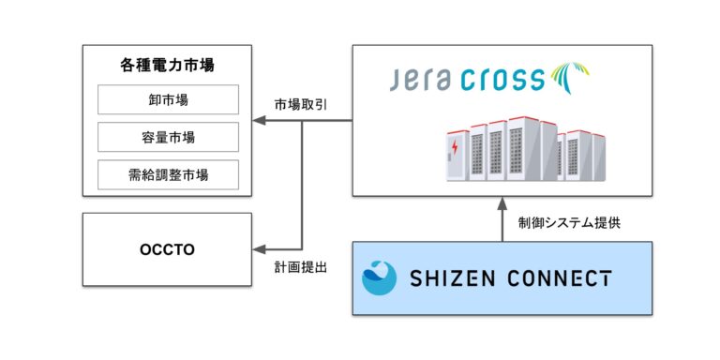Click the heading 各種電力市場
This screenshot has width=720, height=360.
(x=168, y=67)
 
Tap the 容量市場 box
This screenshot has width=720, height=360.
(x=168, y=137)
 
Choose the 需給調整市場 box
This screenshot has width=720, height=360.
(x=168, y=173)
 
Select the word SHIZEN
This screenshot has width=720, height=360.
(x=451, y=278)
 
